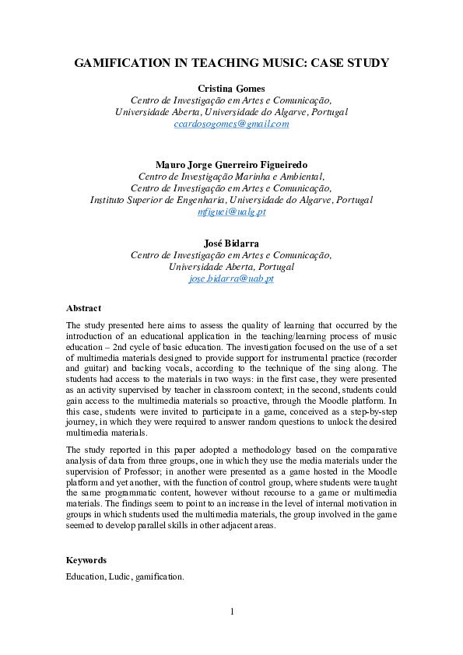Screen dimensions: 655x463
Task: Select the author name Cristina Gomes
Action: click(231, 88)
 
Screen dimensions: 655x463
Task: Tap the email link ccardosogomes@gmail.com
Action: click(231, 124)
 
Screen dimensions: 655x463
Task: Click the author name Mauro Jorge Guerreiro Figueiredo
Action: click(231, 164)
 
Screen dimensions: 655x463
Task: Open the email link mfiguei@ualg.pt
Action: click(231, 212)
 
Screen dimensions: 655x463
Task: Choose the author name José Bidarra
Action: click(231, 243)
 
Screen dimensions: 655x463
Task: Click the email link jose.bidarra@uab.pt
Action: click(231, 278)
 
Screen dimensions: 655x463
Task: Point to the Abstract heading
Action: click(83, 308)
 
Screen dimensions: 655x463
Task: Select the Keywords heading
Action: click(86, 560)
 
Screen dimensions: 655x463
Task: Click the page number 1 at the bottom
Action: click(232, 612)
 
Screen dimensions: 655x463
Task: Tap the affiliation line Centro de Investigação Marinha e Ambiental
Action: click(231, 177)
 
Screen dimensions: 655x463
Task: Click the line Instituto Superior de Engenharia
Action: click(231, 200)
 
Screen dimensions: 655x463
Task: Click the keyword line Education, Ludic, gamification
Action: click(125, 577)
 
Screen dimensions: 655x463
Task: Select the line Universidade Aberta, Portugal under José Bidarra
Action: click(231, 267)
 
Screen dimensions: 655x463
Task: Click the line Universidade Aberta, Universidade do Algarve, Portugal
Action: click(231, 111)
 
